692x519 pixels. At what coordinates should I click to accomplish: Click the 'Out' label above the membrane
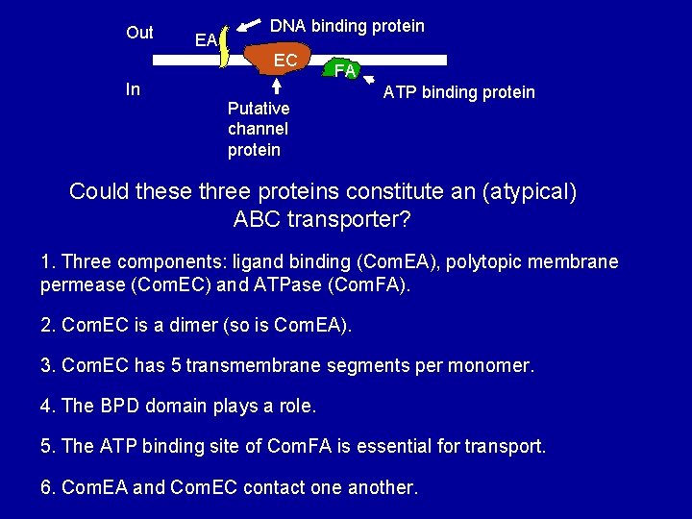pos(139,33)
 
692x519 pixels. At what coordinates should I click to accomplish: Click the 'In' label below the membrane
pos(133,89)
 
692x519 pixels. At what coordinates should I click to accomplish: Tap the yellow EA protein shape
pos(225,48)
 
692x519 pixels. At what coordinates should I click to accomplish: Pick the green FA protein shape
pos(343,70)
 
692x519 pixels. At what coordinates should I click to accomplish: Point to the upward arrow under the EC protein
pos(278,86)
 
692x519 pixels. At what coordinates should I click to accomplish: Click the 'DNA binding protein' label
pos(347,26)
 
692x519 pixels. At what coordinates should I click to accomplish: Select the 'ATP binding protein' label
pos(458,92)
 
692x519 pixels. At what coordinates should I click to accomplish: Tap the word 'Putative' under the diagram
pos(259,109)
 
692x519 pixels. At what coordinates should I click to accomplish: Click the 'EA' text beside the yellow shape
pos(205,40)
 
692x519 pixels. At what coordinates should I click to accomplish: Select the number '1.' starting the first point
pos(48,262)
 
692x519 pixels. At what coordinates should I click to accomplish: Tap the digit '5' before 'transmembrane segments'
pos(180,365)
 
